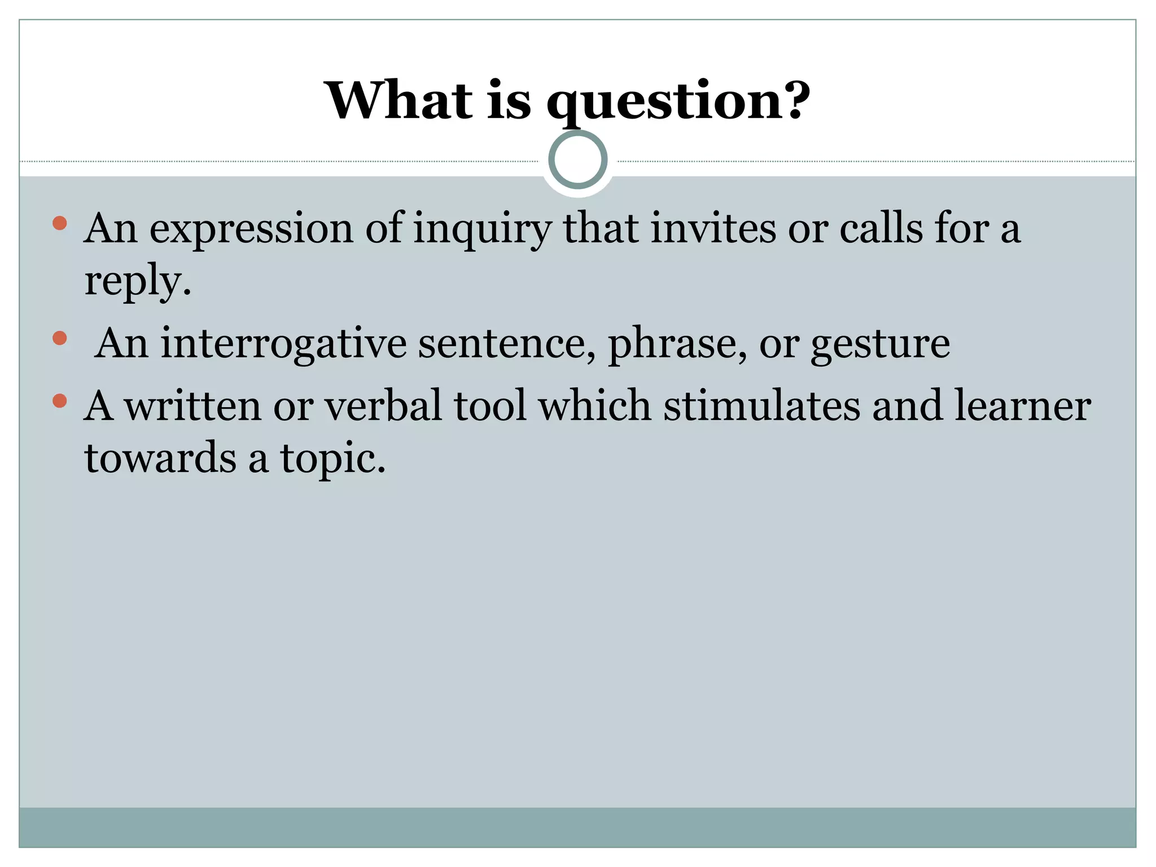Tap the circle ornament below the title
pos(577,160)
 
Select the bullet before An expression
pos(59,224)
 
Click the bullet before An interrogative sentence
pos(59,339)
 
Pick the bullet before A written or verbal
pos(59,401)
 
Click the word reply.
pos(137,281)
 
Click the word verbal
pos(383,406)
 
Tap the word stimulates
pos(761,406)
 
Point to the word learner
pos(1022,406)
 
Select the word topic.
pos(333,458)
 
